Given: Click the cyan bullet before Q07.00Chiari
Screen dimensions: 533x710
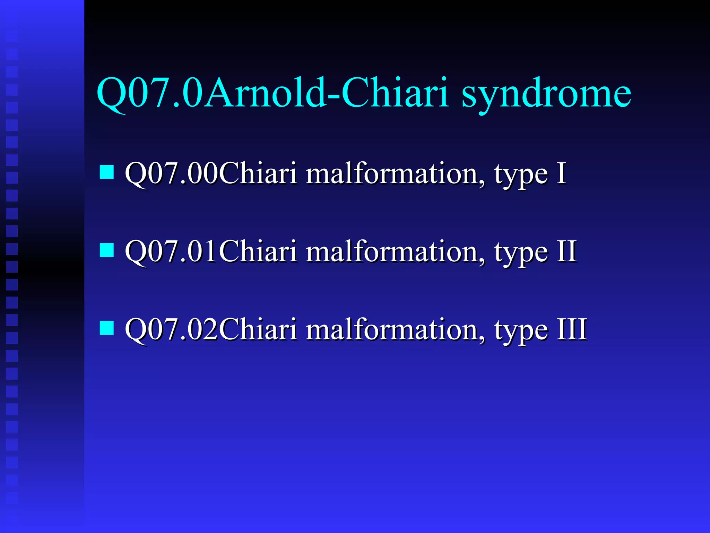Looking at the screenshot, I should [x=107, y=172].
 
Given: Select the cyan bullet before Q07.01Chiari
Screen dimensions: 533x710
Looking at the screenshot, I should [x=107, y=250].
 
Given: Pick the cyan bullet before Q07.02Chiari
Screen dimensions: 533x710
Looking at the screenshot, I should [x=107, y=328].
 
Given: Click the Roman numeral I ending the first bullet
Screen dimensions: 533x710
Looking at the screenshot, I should [x=561, y=173].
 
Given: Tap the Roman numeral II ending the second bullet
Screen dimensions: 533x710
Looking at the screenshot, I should [x=566, y=251].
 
